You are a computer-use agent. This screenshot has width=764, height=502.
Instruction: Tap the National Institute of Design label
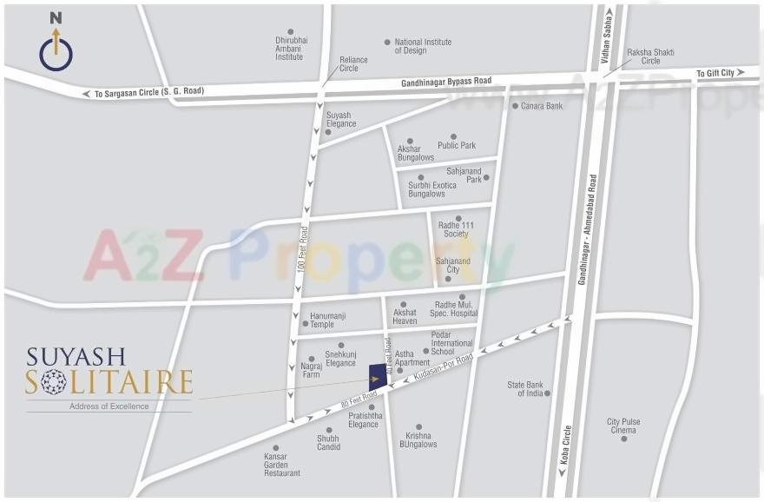point(423,46)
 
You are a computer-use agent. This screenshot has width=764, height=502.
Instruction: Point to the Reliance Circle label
point(353,64)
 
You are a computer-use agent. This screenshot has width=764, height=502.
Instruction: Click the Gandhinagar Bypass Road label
point(446,81)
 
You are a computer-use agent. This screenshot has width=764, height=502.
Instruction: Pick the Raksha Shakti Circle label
point(651,56)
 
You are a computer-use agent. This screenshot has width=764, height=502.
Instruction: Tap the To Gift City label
point(715,74)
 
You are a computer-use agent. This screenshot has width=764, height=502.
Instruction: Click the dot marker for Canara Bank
point(515,106)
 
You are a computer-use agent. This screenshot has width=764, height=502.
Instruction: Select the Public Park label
point(457,146)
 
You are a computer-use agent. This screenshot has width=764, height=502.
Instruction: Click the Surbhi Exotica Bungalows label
point(432,189)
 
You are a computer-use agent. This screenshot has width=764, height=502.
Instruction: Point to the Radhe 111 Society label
point(456,230)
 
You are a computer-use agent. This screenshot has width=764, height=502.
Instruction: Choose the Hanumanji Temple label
point(322,320)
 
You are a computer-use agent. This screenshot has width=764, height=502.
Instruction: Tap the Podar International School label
point(452,343)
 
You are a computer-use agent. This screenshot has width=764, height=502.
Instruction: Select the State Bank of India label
point(525,389)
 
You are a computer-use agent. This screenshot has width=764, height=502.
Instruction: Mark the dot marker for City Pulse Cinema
point(623,439)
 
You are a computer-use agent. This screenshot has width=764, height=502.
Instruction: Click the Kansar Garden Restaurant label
point(282,465)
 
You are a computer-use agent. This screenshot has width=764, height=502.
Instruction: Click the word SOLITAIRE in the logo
point(109,382)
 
